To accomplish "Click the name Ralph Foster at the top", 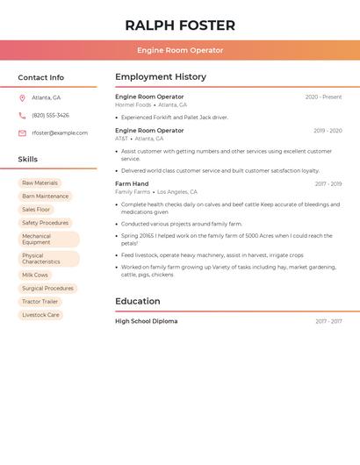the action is [180, 25].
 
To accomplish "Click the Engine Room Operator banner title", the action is [180, 51].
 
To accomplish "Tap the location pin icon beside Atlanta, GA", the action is [22, 98].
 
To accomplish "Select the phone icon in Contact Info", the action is [22, 116].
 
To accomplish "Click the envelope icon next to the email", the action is [22, 133].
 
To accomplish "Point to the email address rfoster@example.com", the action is [60, 133].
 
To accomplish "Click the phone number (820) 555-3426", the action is [50, 116].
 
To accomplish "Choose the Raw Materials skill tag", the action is [40, 183].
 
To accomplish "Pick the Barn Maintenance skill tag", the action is [45, 197].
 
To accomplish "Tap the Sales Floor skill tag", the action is [36, 210].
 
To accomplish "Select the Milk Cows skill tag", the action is [35, 275].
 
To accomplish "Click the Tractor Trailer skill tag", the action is [40, 302].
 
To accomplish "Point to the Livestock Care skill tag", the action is [40, 315].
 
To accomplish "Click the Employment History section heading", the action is [161, 77].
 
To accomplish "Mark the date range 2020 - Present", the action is [323, 97].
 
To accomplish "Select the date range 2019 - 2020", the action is [328, 131].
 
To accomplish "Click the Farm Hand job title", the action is [132, 184].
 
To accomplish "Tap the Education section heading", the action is [137, 302].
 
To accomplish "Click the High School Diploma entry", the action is [146, 322].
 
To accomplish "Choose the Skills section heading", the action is [28, 160].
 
